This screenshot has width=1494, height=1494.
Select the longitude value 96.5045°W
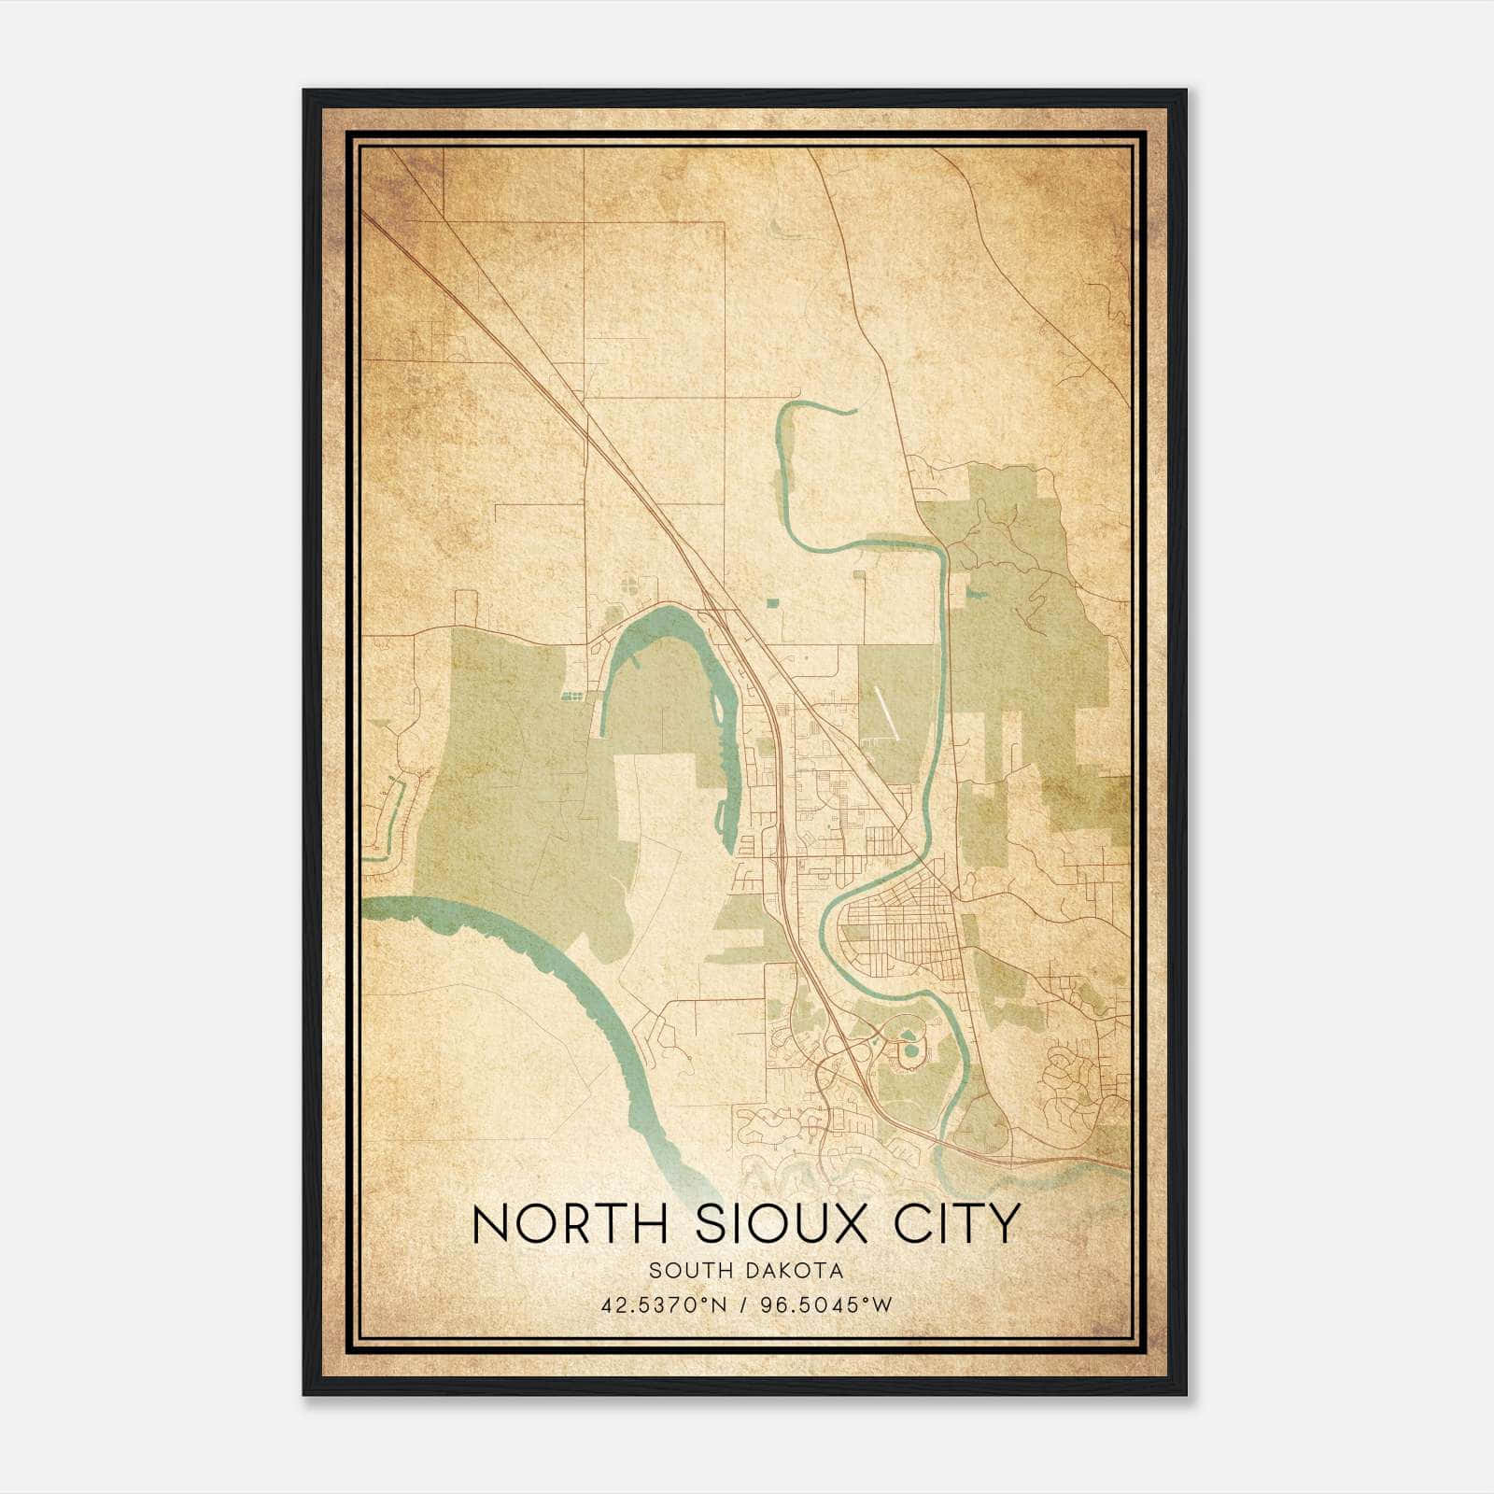tap(826, 1304)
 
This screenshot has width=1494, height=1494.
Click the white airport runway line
tap(884, 715)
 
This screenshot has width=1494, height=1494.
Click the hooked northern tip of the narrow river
tap(822, 408)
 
